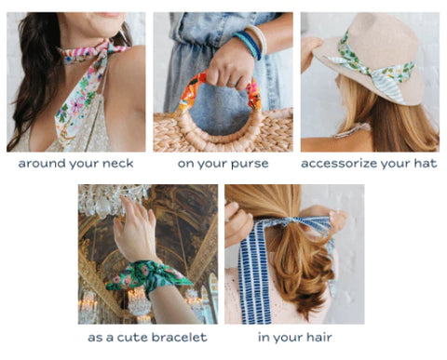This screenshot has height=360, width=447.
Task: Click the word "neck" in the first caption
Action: point(117,163)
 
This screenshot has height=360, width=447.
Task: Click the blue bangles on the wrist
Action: point(249,44)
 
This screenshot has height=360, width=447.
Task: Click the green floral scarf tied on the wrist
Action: point(149,277)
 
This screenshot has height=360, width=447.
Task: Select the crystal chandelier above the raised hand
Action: point(112,200)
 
